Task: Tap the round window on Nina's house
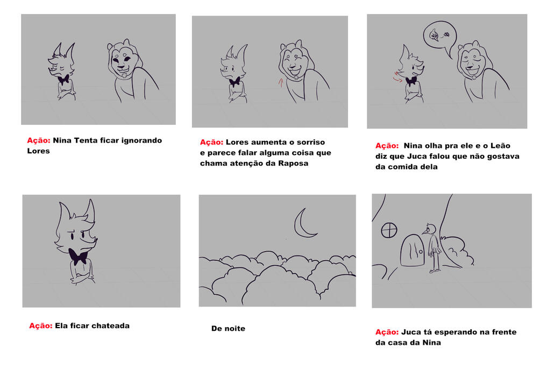click(389, 230)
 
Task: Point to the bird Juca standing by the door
click(433, 247)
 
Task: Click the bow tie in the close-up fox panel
click(78, 257)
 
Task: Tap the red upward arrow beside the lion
click(281, 83)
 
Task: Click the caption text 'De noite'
click(228, 329)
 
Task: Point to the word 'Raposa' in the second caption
click(293, 163)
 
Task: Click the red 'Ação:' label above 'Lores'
click(39, 140)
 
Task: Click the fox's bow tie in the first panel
click(63, 80)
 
